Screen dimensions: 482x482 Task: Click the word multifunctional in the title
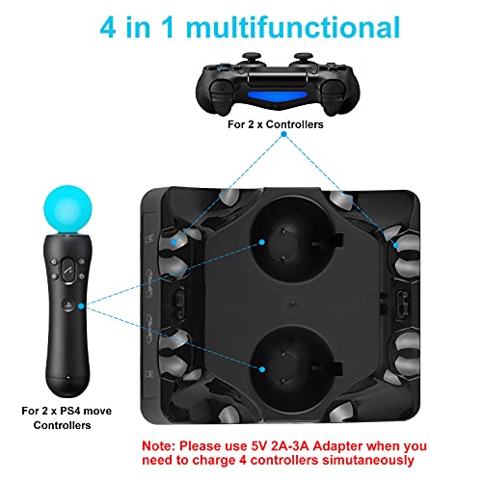(x=293, y=27)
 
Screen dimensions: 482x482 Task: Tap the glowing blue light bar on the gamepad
(x=277, y=95)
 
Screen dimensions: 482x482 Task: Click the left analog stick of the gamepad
(x=251, y=59)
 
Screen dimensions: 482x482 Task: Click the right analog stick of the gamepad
(x=304, y=59)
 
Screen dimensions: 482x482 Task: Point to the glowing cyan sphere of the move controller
(x=67, y=209)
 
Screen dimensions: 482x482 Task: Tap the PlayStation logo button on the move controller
(x=67, y=305)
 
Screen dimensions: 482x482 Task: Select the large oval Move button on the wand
(x=68, y=270)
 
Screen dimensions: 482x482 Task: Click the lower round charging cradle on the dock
(x=288, y=368)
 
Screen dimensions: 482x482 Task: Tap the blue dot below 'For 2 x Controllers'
(x=283, y=134)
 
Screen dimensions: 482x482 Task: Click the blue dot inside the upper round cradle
(x=262, y=242)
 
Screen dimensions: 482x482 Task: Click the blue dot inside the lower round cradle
(x=262, y=369)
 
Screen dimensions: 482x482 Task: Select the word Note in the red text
(x=159, y=446)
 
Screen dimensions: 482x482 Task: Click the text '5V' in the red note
(x=259, y=446)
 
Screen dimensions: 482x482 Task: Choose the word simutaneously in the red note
(x=368, y=461)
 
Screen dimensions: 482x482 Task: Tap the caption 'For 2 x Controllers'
(x=276, y=124)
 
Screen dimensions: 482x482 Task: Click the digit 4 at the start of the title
(x=108, y=28)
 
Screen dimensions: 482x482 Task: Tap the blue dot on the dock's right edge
(x=396, y=245)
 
